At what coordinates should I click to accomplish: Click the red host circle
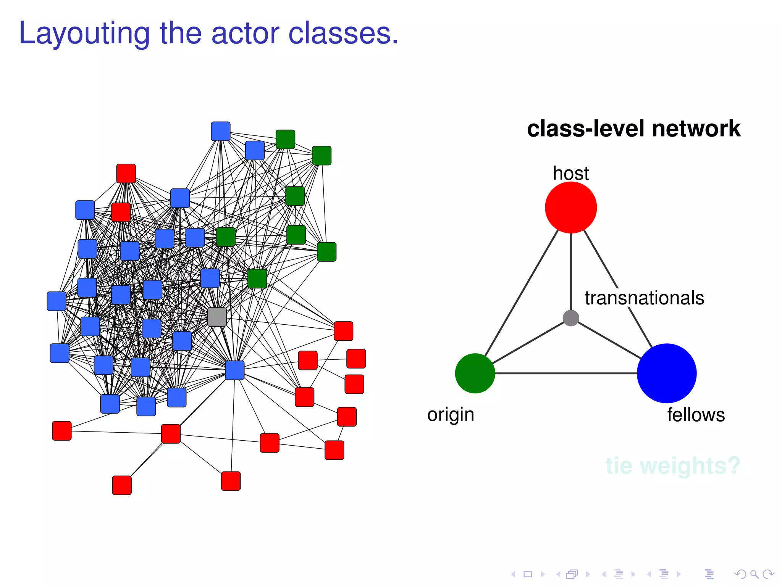point(570,207)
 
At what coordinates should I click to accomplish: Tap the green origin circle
point(475,373)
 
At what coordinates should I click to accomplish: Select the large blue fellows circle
point(666,373)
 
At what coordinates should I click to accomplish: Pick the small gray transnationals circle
point(571,318)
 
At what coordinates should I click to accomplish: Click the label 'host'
point(570,174)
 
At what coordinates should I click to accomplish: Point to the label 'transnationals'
point(644,298)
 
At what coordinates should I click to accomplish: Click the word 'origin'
point(451,415)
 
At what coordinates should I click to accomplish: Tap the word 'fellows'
point(696,415)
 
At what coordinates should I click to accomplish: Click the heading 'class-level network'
point(633,129)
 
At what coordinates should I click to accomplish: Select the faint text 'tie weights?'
point(673,465)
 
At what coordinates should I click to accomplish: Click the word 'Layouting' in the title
point(84,34)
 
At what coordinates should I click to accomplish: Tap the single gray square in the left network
point(217,317)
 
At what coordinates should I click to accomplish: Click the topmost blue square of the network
point(221,131)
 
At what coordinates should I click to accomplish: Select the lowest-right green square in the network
point(257,279)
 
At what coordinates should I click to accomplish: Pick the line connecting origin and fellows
point(565,373)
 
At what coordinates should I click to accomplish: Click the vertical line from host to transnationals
point(571,271)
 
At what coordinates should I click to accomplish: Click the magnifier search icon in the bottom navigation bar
point(754,574)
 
